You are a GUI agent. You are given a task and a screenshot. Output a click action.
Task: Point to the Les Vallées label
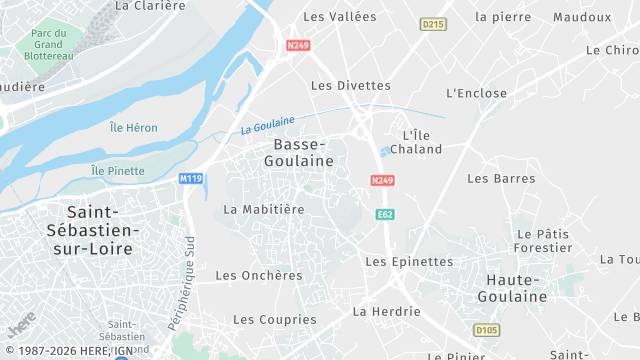339,17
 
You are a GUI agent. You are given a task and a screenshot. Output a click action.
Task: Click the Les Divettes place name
350,86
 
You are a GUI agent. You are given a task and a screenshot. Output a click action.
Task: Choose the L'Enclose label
476,93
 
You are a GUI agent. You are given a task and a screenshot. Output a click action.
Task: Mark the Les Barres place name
501,179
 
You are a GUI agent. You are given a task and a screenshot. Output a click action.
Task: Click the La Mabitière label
263,210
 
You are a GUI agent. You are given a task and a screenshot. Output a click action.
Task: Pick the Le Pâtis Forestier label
542,240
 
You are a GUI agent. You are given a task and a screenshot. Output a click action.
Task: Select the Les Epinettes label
409,262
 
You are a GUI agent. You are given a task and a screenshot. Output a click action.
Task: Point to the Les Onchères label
258,276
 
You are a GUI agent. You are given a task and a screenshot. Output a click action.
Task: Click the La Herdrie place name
386,312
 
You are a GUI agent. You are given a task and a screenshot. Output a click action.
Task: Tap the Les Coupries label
274,320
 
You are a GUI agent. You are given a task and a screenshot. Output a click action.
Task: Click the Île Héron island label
134,127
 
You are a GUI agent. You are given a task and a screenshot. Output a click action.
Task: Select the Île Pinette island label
118,172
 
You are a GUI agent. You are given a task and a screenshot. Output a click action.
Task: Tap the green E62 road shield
384,215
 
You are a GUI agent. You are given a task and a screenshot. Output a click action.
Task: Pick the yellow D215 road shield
432,24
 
